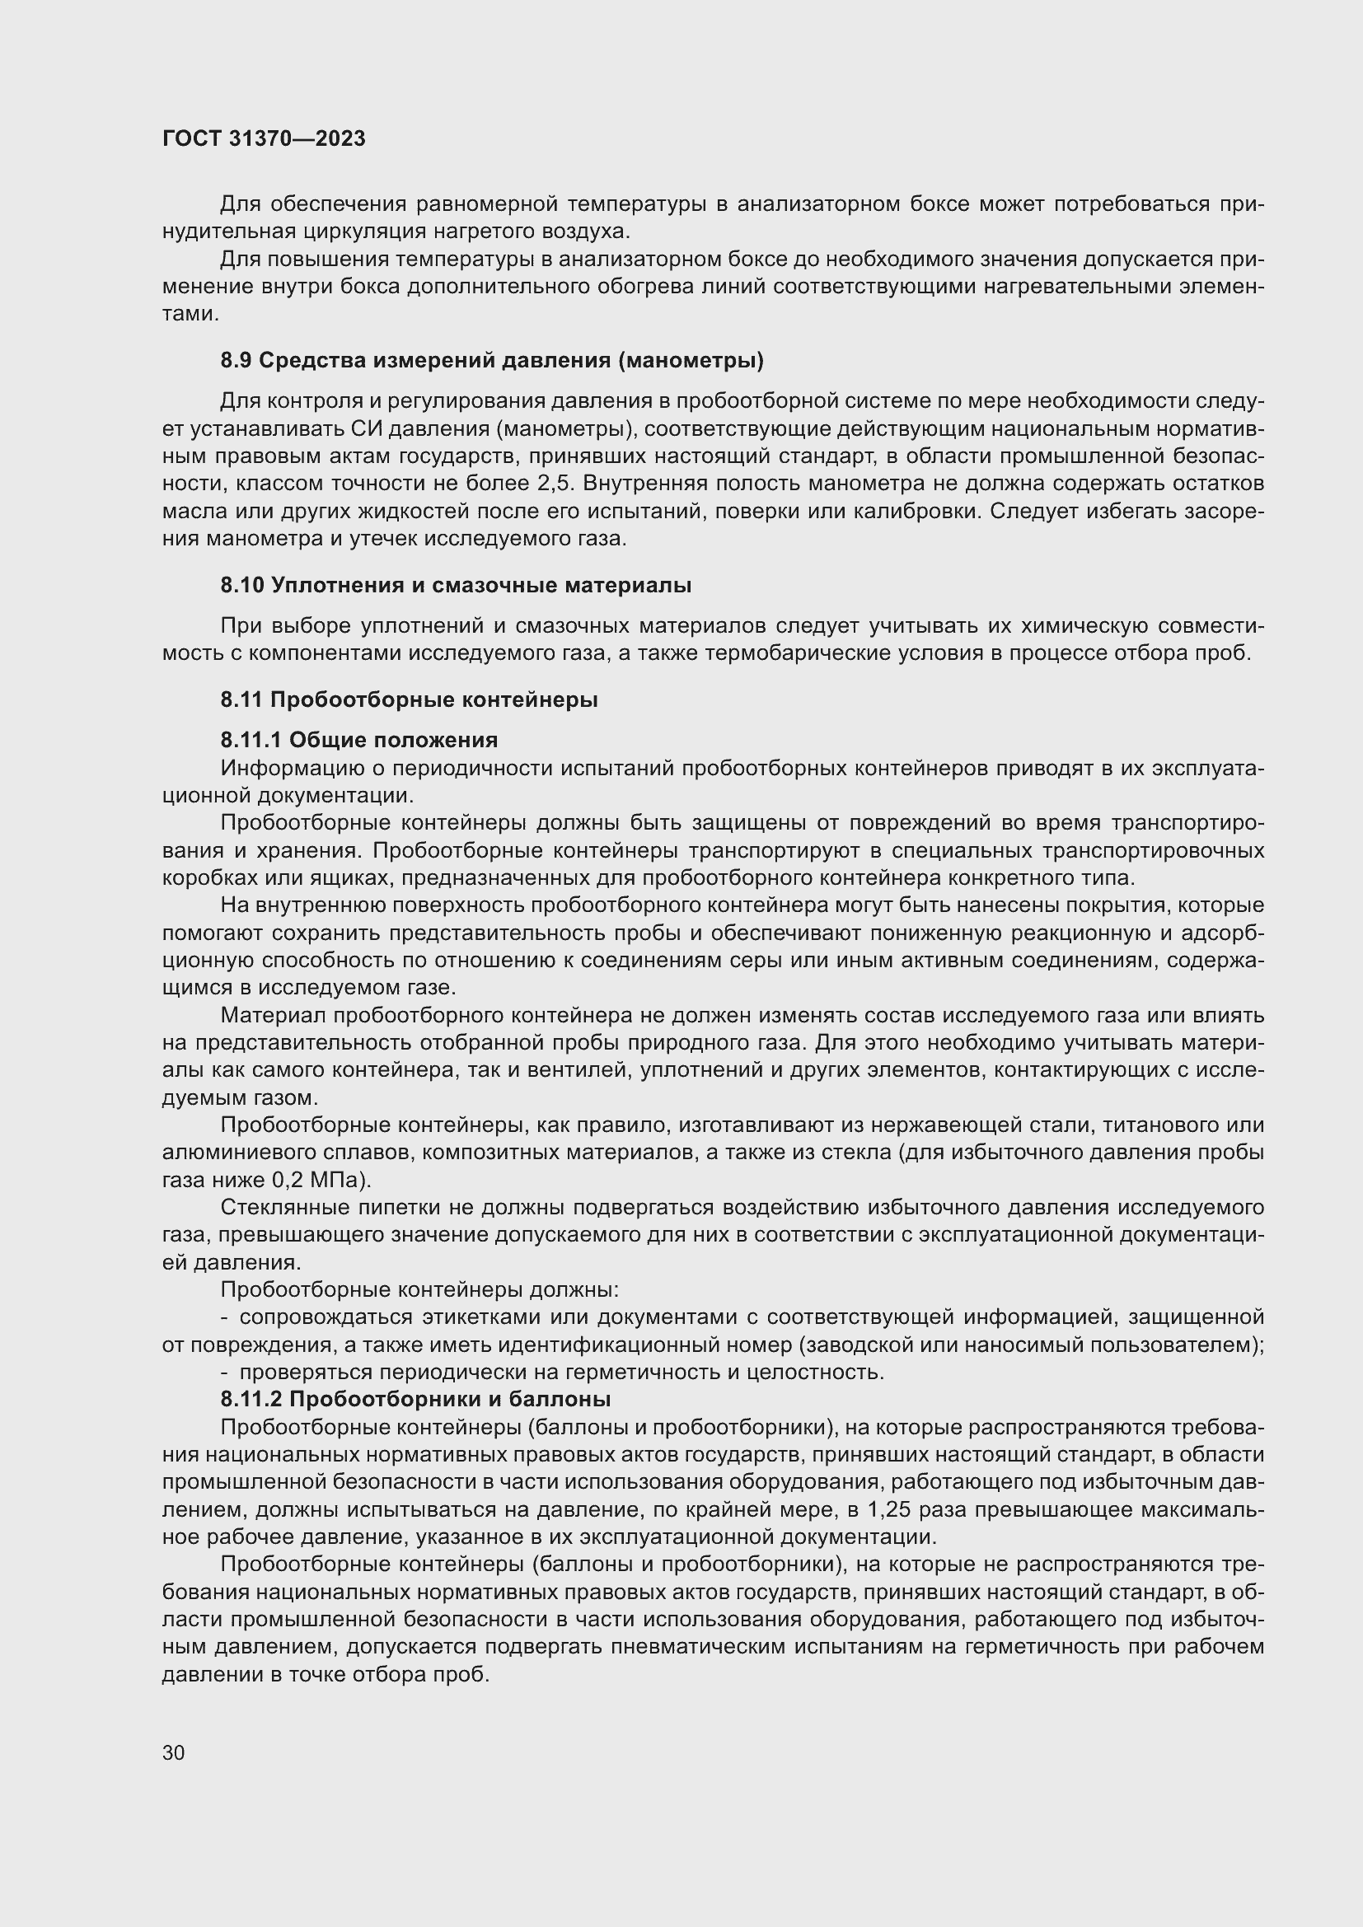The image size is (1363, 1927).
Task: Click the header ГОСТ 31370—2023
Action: (x=264, y=138)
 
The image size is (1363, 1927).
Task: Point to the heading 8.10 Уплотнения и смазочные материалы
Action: (x=456, y=586)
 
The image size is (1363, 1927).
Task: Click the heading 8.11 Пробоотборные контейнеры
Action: (x=409, y=700)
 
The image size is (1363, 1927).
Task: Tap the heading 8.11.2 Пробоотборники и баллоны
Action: (x=415, y=1400)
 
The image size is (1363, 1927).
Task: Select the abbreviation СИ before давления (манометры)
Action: (x=368, y=429)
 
